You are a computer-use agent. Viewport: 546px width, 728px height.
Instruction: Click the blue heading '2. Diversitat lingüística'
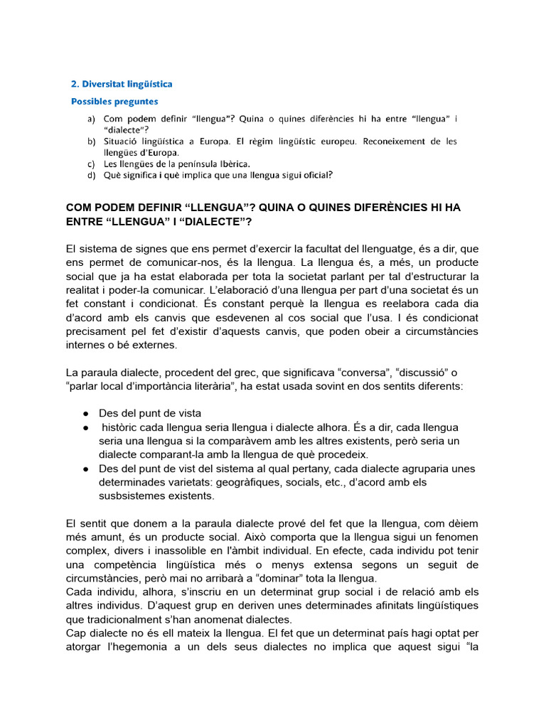tap(122, 84)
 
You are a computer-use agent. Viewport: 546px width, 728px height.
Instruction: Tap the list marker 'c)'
tap(91, 164)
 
